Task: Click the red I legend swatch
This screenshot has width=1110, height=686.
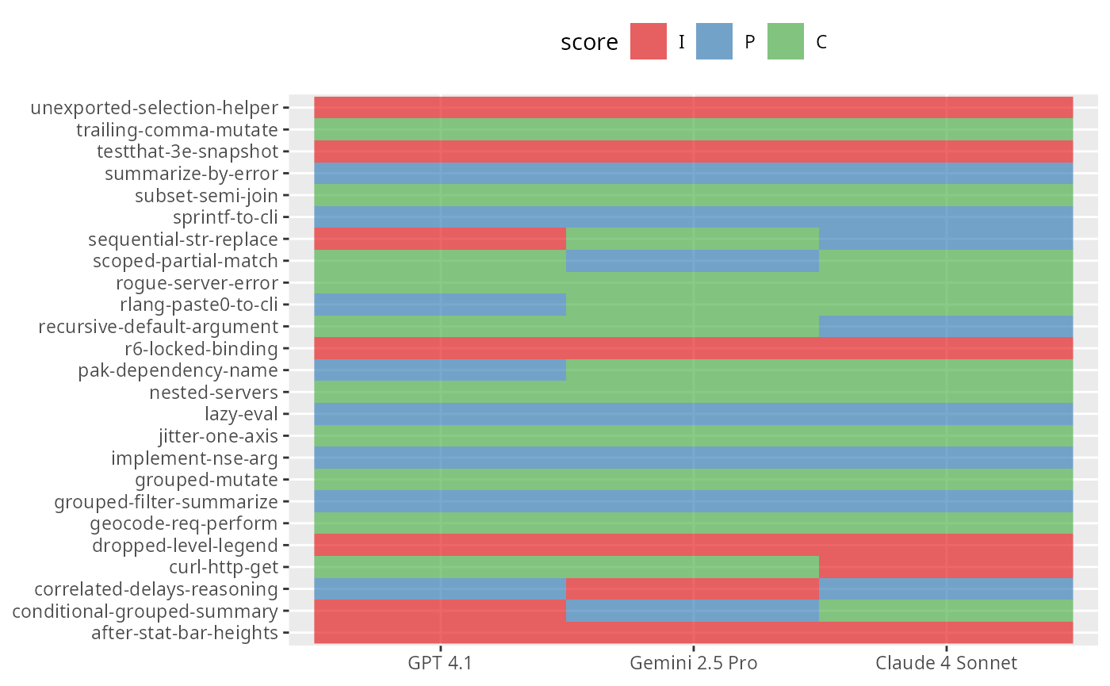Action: click(x=648, y=41)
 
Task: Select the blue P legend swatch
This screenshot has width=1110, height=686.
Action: click(x=714, y=41)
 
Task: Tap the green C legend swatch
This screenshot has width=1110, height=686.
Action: click(x=786, y=41)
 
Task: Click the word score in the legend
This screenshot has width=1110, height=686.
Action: click(x=589, y=43)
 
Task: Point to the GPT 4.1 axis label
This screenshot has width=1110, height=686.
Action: click(x=440, y=662)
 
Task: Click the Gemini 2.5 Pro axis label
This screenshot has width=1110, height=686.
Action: click(x=694, y=662)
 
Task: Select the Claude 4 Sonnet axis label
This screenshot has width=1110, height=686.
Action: click(x=946, y=662)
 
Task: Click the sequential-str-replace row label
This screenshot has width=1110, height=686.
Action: click(x=183, y=239)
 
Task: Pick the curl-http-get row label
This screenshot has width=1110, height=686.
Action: click(x=223, y=567)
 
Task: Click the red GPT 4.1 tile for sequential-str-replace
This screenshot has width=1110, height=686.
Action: click(x=440, y=239)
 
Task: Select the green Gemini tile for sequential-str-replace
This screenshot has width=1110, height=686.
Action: click(x=692, y=239)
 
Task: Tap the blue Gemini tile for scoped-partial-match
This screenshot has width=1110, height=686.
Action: click(x=692, y=261)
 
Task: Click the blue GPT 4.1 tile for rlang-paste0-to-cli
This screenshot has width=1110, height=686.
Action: click(x=440, y=305)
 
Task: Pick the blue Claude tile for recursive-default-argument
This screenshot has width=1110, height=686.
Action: click(x=945, y=326)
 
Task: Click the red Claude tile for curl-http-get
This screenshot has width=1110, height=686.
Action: click(x=945, y=567)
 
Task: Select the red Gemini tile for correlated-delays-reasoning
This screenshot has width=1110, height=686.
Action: click(x=692, y=588)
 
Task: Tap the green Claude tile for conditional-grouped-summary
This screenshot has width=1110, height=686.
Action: click(x=945, y=611)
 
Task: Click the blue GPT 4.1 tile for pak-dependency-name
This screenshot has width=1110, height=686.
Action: click(x=440, y=370)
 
